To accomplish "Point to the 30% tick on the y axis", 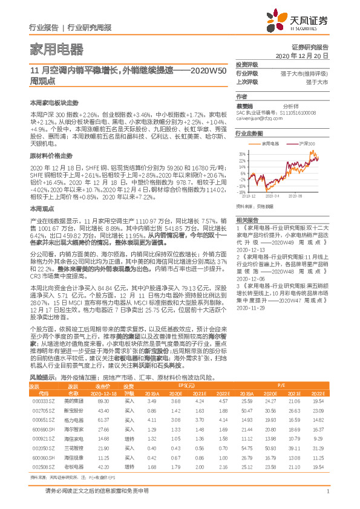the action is pyautogui.click(x=242, y=154).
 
